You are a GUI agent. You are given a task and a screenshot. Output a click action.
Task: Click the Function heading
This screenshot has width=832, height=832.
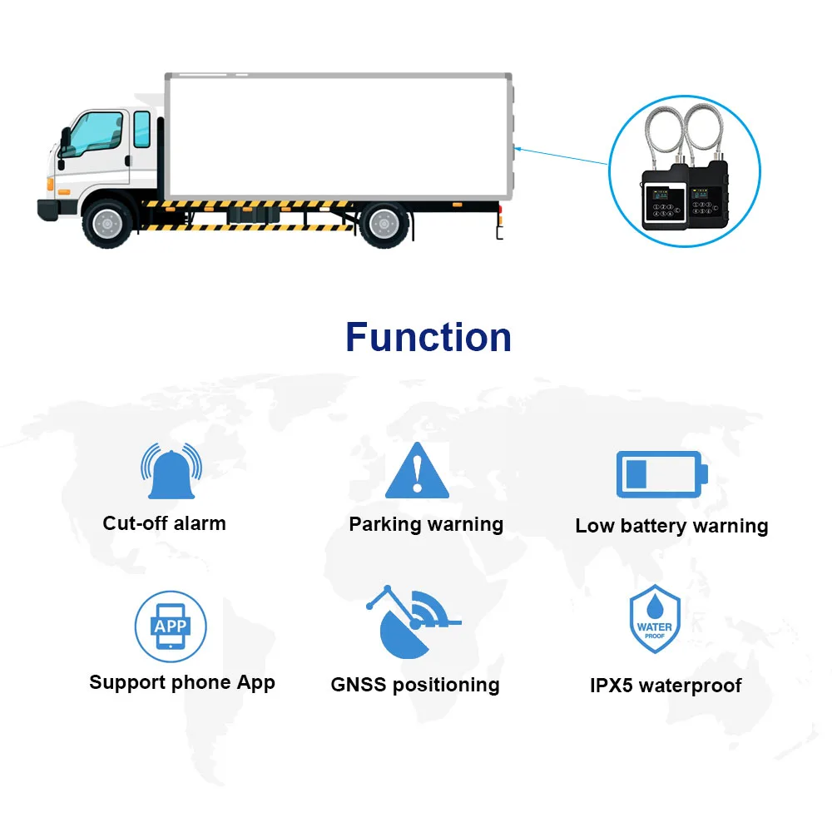(428, 337)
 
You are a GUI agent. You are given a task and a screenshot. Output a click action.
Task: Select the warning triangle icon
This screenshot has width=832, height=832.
(417, 471)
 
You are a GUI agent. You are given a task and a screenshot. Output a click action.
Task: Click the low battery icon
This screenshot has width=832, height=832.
(661, 474)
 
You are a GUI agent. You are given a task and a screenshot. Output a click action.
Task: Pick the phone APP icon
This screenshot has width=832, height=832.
(171, 626)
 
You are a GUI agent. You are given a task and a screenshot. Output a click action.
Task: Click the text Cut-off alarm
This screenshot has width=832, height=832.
(164, 523)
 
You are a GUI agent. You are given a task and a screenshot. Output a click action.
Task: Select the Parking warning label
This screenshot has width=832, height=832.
(426, 524)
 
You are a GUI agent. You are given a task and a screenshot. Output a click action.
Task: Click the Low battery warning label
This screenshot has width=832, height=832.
(671, 526)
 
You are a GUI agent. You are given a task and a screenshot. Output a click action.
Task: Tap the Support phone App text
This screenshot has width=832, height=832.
(182, 683)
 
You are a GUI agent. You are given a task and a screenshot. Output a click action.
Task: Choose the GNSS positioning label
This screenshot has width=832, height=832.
(415, 685)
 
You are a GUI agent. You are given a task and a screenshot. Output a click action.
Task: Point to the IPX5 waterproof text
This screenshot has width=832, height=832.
(665, 686)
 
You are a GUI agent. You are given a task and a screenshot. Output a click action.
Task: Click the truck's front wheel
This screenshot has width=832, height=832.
(106, 223)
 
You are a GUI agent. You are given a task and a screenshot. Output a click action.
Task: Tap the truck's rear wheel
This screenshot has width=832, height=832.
(383, 223)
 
